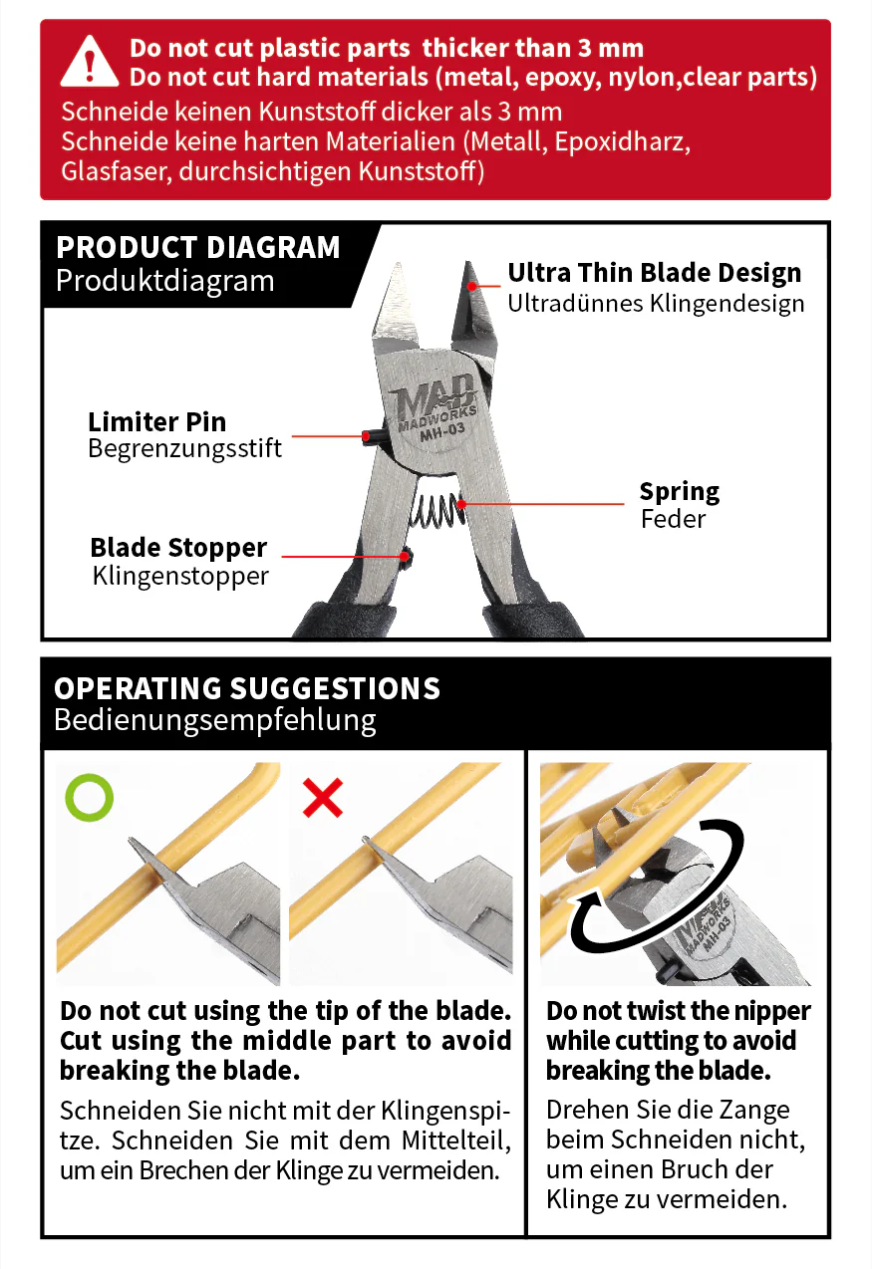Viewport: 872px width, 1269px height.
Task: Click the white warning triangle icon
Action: (90, 62)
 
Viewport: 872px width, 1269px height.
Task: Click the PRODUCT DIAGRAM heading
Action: (198, 248)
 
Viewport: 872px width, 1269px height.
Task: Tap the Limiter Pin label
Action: (157, 422)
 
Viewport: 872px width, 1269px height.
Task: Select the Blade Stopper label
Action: (178, 548)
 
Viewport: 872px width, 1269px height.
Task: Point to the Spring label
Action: (680, 492)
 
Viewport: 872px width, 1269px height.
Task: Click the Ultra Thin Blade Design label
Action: (655, 273)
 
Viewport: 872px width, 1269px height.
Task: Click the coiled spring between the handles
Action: (438, 509)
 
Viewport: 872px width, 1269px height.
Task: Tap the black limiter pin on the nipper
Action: (373, 437)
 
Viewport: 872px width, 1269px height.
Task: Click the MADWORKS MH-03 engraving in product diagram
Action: (436, 409)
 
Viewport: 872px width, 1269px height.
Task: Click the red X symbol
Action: (323, 798)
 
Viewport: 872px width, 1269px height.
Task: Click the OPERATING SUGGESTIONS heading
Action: (246, 688)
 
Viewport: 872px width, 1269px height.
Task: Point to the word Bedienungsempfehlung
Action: (215, 721)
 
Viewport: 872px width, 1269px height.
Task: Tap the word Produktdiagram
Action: (165, 281)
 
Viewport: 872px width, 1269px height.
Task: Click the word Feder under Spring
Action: (673, 519)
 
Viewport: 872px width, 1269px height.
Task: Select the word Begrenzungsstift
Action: (184, 448)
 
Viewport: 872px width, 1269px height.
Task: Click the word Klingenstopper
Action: (180, 576)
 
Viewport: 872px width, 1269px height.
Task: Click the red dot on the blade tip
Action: (471, 287)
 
